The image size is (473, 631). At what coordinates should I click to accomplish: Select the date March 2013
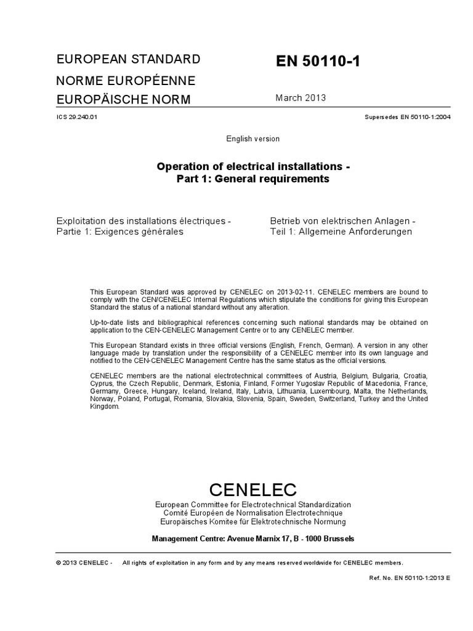tap(301, 97)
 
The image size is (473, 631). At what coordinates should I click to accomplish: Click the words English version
tap(253, 139)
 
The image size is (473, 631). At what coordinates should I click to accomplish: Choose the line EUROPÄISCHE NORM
tap(124, 100)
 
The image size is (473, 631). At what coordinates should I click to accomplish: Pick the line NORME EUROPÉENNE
tap(126, 81)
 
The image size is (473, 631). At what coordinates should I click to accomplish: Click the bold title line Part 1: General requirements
tap(253, 179)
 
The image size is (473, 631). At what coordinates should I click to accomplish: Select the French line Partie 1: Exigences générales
tap(119, 232)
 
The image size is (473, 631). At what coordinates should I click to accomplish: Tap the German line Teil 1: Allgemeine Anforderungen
tap(341, 232)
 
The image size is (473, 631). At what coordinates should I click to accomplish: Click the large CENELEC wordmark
tap(253, 490)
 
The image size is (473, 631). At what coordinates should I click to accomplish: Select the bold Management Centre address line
tap(253, 539)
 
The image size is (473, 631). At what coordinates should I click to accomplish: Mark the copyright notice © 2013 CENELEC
tap(83, 563)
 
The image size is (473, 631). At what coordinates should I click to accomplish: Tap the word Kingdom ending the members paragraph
tap(103, 406)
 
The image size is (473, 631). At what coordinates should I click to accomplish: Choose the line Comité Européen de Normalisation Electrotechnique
tap(253, 513)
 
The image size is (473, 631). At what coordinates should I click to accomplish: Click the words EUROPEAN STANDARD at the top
tap(128, 60)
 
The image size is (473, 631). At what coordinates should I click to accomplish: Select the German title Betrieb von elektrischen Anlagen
tap(342, 221)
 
